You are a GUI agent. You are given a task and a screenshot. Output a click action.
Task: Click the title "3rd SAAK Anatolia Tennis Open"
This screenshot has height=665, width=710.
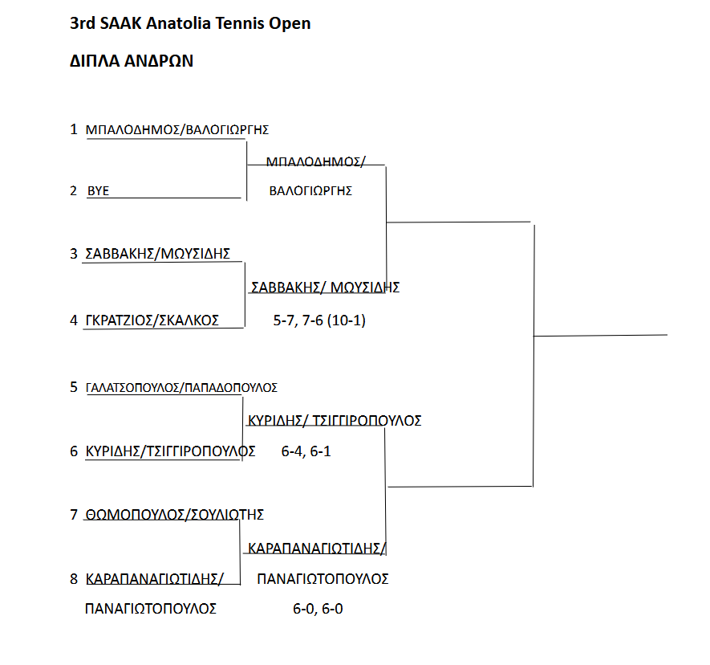(x=190, y=23)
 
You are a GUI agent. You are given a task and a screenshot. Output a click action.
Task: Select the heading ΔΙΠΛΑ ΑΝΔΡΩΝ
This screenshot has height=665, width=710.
(x=132, y=61)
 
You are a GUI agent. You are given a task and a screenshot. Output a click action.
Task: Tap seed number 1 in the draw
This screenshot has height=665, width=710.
(x=74, y=129)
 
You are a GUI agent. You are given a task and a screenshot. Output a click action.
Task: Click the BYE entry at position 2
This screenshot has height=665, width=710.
(x=98, y=191)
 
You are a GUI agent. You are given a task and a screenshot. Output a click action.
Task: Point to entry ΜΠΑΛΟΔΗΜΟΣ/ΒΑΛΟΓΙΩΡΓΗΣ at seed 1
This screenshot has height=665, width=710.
(x=177, y=130)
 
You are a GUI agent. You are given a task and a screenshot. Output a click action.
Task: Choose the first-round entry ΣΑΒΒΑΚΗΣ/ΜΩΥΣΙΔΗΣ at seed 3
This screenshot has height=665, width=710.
(x=157, y=254)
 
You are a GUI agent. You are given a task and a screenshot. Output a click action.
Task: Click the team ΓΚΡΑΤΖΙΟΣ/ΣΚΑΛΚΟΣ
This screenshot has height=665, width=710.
(x=152, y=320)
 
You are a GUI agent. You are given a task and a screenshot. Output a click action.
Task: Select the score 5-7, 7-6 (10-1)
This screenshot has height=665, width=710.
(x=319, y=320)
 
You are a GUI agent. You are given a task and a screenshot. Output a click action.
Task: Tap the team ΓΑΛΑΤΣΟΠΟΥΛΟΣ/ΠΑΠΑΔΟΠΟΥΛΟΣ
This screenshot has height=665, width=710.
(x=181, y=388)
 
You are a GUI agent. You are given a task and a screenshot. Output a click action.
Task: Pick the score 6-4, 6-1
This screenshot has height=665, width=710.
(x=306, y=451)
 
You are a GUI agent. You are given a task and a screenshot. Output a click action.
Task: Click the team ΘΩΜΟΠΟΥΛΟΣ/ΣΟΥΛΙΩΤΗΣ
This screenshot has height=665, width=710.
(x=175, y=515)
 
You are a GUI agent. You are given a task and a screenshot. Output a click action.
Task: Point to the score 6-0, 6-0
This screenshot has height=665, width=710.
(x=318, y=609)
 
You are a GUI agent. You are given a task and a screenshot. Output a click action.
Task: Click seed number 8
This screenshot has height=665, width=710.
(x=74, y=579)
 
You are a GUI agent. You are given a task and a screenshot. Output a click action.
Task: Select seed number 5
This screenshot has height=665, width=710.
(x=74, y=387)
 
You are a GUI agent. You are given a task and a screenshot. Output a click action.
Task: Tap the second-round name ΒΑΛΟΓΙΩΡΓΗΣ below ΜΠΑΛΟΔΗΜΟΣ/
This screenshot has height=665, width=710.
(x=310, y=191)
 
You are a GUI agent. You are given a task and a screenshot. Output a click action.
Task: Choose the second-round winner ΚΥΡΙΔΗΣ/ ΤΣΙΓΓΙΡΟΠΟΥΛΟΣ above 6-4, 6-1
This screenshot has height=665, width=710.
(x=335, y=421)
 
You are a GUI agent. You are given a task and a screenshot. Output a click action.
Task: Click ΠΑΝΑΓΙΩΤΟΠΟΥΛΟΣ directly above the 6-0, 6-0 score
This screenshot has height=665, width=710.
(x=323, y=579)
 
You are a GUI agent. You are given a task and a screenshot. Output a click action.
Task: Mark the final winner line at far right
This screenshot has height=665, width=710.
(x=600, y=336)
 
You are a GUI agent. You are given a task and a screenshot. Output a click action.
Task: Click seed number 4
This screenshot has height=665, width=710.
(x=74, y=320)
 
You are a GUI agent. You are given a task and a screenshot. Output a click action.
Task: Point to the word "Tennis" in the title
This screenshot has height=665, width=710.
(x=240, y=23)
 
